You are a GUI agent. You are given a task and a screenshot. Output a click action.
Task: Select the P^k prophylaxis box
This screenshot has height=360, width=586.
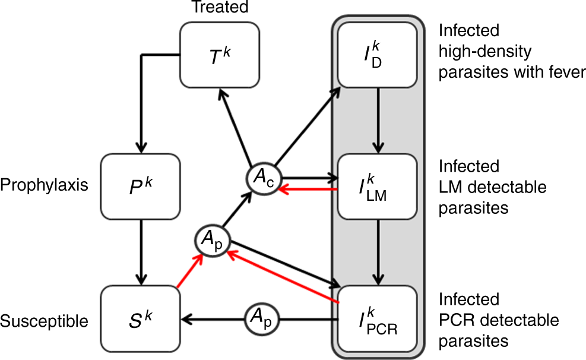141,185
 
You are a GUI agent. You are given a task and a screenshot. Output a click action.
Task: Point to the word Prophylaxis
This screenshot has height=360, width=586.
45,185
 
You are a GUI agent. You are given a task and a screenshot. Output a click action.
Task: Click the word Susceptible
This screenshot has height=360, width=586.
45,321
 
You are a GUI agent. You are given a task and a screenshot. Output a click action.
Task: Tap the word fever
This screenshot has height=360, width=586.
568,72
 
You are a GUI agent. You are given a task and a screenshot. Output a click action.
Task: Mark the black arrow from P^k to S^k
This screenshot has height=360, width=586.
141,249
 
